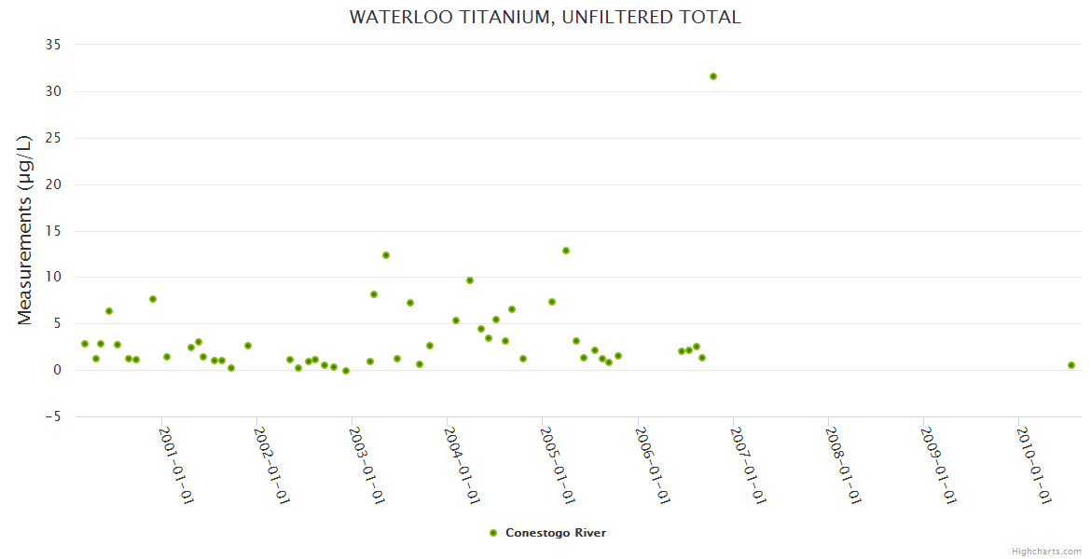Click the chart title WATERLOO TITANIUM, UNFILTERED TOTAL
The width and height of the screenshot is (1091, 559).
click(545, 17)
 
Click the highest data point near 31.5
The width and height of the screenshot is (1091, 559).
click(713, 76)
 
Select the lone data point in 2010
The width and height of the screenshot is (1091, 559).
click(1071, 365)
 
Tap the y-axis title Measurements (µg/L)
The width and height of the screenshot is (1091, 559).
click(25, 230)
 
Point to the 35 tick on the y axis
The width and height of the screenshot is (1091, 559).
click(53, 45)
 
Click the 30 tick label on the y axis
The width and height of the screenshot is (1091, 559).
click(53, 91)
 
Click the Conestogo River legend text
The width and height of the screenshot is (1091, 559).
click(556, 533)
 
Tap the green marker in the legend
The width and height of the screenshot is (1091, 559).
click(493, 533)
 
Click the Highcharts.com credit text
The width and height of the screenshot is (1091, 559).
click(1046, 552)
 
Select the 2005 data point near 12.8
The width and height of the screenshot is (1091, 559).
click(566, 251)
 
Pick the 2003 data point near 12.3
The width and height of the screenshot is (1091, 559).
click(386, 255)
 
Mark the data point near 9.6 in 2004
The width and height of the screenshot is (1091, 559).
click(470, 280)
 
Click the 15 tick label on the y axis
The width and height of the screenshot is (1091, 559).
click(53, 231)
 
